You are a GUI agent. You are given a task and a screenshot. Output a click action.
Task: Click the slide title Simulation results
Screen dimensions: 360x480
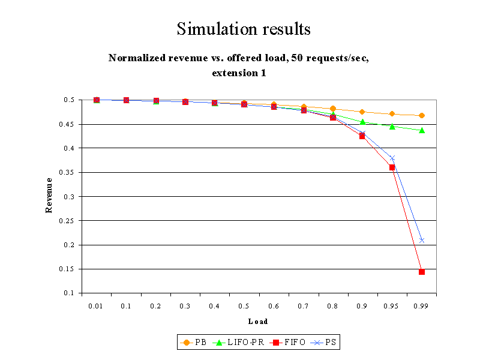244,28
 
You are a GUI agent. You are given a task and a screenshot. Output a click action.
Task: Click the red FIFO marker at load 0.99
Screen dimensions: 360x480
422,272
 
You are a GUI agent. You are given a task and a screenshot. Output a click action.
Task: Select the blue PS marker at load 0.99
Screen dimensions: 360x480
422,241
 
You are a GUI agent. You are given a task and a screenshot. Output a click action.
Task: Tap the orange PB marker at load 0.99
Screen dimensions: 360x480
422,115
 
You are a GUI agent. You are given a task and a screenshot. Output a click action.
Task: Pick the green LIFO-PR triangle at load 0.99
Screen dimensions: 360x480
422,130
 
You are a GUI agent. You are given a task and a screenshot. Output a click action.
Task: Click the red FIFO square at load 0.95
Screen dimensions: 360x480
392,167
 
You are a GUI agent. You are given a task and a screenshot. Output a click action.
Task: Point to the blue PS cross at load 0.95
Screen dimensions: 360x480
392,158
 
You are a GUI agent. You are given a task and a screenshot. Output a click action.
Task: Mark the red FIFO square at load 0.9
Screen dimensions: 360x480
362,136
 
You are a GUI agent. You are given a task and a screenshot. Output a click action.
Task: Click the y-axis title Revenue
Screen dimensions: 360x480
50,196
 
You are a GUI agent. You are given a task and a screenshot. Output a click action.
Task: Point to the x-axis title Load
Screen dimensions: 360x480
258,322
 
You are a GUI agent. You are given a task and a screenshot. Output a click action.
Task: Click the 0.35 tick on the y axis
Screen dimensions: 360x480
71,172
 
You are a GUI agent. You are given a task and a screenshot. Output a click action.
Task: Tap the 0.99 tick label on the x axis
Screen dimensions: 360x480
422,306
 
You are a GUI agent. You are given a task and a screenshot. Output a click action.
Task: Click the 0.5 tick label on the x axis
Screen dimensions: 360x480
244,306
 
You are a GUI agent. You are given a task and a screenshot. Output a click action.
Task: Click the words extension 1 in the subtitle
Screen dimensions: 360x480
238,73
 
